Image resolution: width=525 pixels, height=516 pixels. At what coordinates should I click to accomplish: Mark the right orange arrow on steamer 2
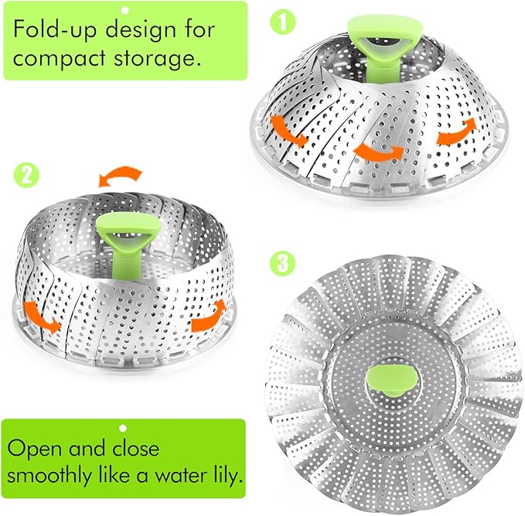pos(208,316)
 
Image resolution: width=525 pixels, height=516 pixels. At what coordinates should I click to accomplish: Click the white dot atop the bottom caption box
pos(122,428)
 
